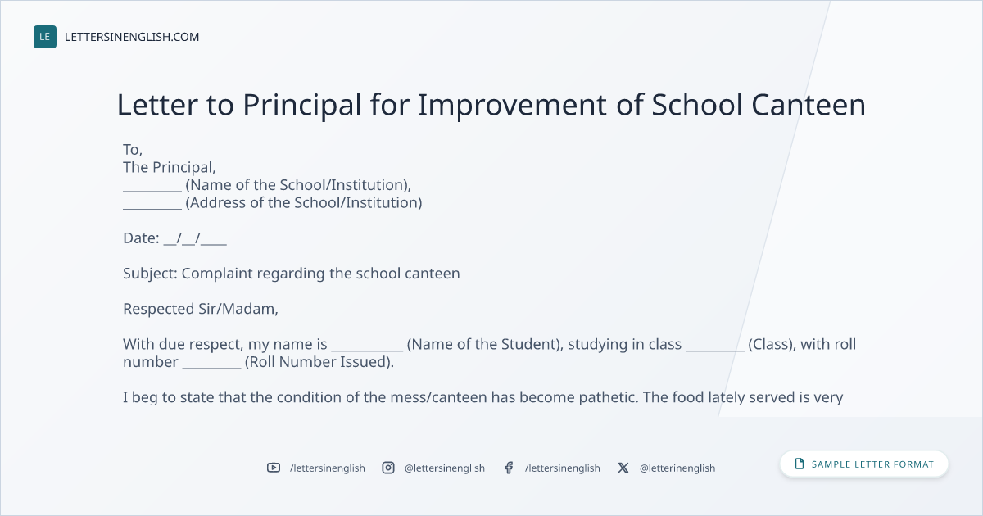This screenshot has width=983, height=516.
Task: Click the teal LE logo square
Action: pyautogui.click(x=45, y=37)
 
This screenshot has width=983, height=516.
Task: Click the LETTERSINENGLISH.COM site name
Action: pyautogui.click(x=132, y=37)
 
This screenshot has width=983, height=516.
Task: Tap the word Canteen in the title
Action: pyautogui.click(x=809, y=105)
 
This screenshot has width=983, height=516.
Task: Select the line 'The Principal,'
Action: pyautogui.click(x=170, y=167)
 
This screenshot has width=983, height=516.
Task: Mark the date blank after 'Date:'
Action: pyautogui.click(x=195, y=238)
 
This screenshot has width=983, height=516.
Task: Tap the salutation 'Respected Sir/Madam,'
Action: pyautogui.click(x=201, y=309)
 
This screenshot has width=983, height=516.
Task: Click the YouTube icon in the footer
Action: pyautogui.click(x=274, y=468)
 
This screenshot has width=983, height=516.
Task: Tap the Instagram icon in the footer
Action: pyautogui.click(x=388, y=468)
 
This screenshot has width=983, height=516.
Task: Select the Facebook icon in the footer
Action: pyautogui.click(x=509, y=468)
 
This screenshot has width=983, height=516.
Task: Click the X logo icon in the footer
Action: pyautogui.click(x=623, y=468)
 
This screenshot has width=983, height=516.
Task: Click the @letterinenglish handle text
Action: pyautogui.click(x=677, y=468)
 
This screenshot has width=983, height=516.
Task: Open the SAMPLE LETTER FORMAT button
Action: pyautogui.click(x=864, y=464)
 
